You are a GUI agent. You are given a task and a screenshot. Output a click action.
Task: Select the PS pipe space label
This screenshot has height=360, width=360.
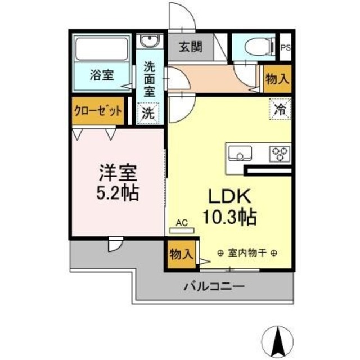pos(286,48)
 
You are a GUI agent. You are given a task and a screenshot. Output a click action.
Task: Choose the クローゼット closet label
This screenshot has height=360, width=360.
pos(98,111)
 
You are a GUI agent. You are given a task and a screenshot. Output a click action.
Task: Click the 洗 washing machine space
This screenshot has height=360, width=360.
pos(149,112)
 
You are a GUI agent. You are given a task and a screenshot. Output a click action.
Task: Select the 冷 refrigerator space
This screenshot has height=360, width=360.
pos(280,109)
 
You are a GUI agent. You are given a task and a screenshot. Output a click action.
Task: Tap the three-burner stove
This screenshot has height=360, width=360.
pos(280,153)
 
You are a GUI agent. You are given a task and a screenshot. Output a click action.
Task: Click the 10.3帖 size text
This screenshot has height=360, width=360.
pos(230,217)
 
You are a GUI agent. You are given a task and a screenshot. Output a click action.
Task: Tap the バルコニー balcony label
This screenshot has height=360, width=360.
pos(214,287)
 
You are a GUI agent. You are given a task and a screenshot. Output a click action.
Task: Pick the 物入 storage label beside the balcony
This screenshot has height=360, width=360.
pos(180,254)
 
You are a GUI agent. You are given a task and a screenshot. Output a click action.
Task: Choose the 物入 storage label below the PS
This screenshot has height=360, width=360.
pos(277,79)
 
